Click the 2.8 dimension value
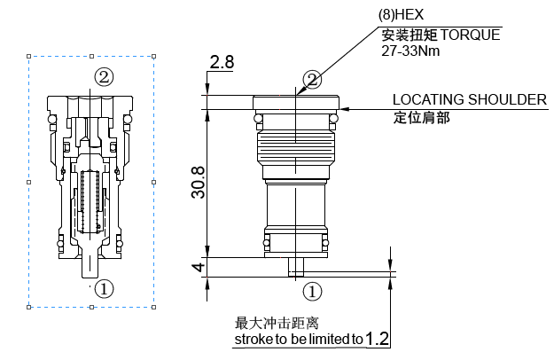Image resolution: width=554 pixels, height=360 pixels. tap(222, 62)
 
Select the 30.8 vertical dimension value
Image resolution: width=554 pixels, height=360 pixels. tap(199, 181)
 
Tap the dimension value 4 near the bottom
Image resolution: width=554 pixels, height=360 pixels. tap(199, 267)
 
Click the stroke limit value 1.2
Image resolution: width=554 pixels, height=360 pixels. tap(378, 338)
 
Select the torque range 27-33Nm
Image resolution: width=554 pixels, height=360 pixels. tap(411, 51)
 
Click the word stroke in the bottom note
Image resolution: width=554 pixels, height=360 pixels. tap(252, 339)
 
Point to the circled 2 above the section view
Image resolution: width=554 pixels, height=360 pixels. tap(104, 76)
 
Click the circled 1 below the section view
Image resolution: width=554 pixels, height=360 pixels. tap(104, 288)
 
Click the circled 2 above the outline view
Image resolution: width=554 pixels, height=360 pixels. tap(311, 80)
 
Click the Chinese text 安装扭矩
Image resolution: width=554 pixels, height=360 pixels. tap(408, 35)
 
